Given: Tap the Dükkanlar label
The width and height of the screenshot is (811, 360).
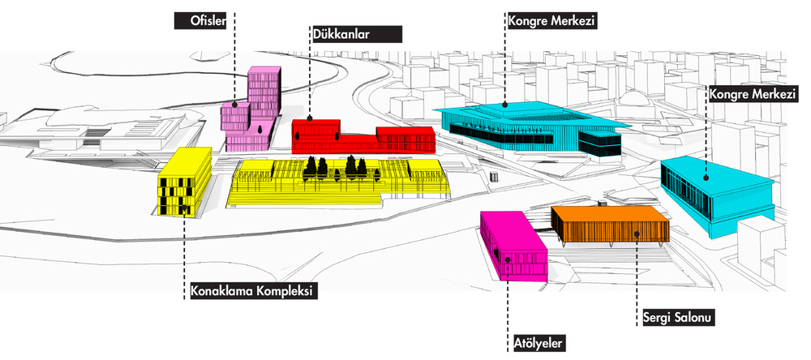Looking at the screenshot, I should (x=355, y=35).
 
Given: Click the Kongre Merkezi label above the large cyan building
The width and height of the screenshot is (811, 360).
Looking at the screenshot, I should (x=550, y=19).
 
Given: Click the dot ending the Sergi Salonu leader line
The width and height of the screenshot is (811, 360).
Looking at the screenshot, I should (x=637, y=234).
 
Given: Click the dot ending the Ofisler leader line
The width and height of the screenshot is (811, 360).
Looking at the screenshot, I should (x=234, y=104).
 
